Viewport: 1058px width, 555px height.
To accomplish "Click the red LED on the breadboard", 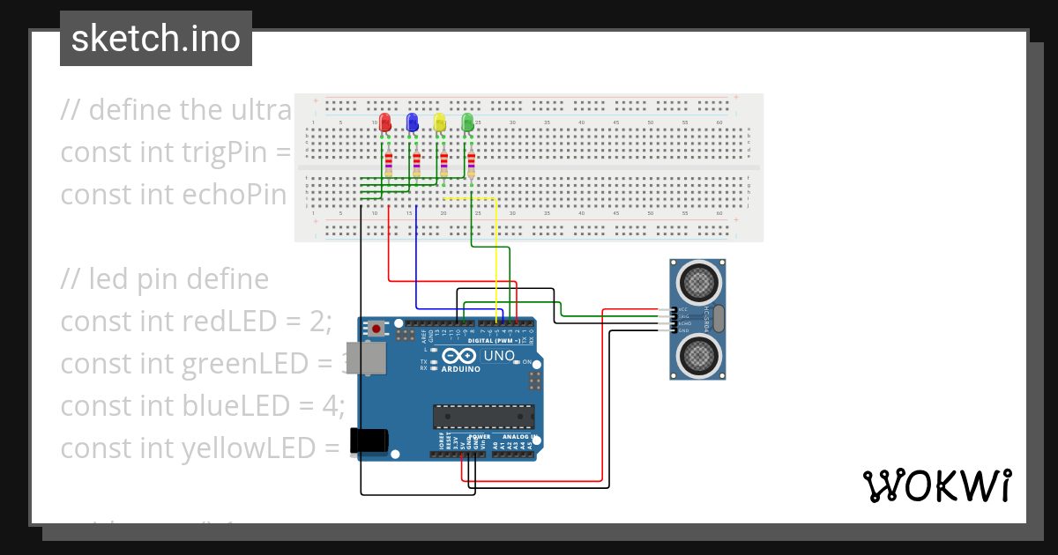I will (384, 122).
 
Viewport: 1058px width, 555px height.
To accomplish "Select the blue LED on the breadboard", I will (412, 122).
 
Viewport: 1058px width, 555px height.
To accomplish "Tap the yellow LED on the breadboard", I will (439, 122).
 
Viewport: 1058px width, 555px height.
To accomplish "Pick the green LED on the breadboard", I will (467, 122).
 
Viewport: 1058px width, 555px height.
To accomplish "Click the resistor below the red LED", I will (389, 164).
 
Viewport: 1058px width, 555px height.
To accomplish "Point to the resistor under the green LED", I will (472, 164).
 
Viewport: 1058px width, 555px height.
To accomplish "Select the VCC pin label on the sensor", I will (683, 310).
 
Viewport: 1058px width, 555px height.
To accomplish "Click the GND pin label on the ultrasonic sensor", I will (683, 330).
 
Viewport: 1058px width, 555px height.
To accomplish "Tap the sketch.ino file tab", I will (156, 39).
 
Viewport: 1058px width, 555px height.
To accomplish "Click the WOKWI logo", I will (936, 485).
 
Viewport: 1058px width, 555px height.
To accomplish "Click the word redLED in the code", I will (228, 322).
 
